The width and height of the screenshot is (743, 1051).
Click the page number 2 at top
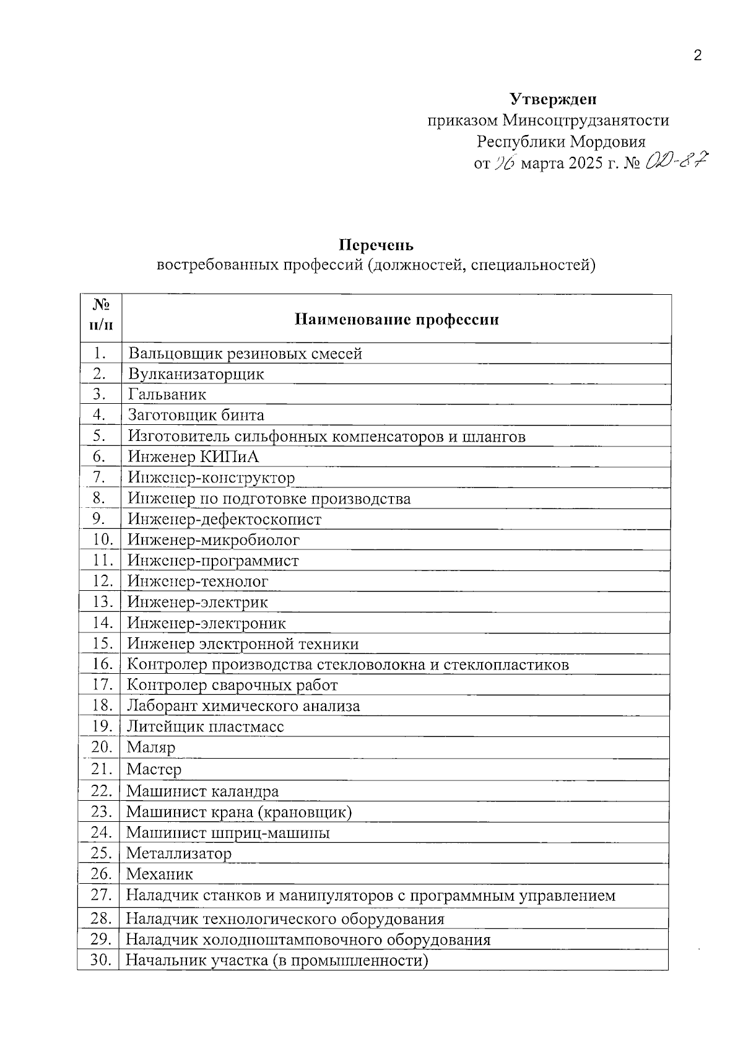(698, 56)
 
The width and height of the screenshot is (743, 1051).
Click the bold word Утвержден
(553, 99)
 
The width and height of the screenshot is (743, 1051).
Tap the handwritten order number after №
(676, 163)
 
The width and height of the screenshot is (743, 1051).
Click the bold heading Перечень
(376, 246)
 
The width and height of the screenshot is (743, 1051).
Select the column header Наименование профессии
(396, 320)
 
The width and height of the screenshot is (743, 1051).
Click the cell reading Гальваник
(167, 395)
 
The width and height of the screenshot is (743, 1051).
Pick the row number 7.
(98, 478)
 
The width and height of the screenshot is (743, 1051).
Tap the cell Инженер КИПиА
(193, 457)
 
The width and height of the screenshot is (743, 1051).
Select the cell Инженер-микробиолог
(214, 540)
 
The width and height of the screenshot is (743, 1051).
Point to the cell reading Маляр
(151, 748)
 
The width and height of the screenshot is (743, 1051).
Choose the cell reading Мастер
(154, 770)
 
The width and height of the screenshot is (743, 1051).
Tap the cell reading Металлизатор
(179, 853)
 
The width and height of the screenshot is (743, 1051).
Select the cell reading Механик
(160, 874)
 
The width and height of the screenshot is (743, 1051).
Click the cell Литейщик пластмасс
(206, 726)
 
